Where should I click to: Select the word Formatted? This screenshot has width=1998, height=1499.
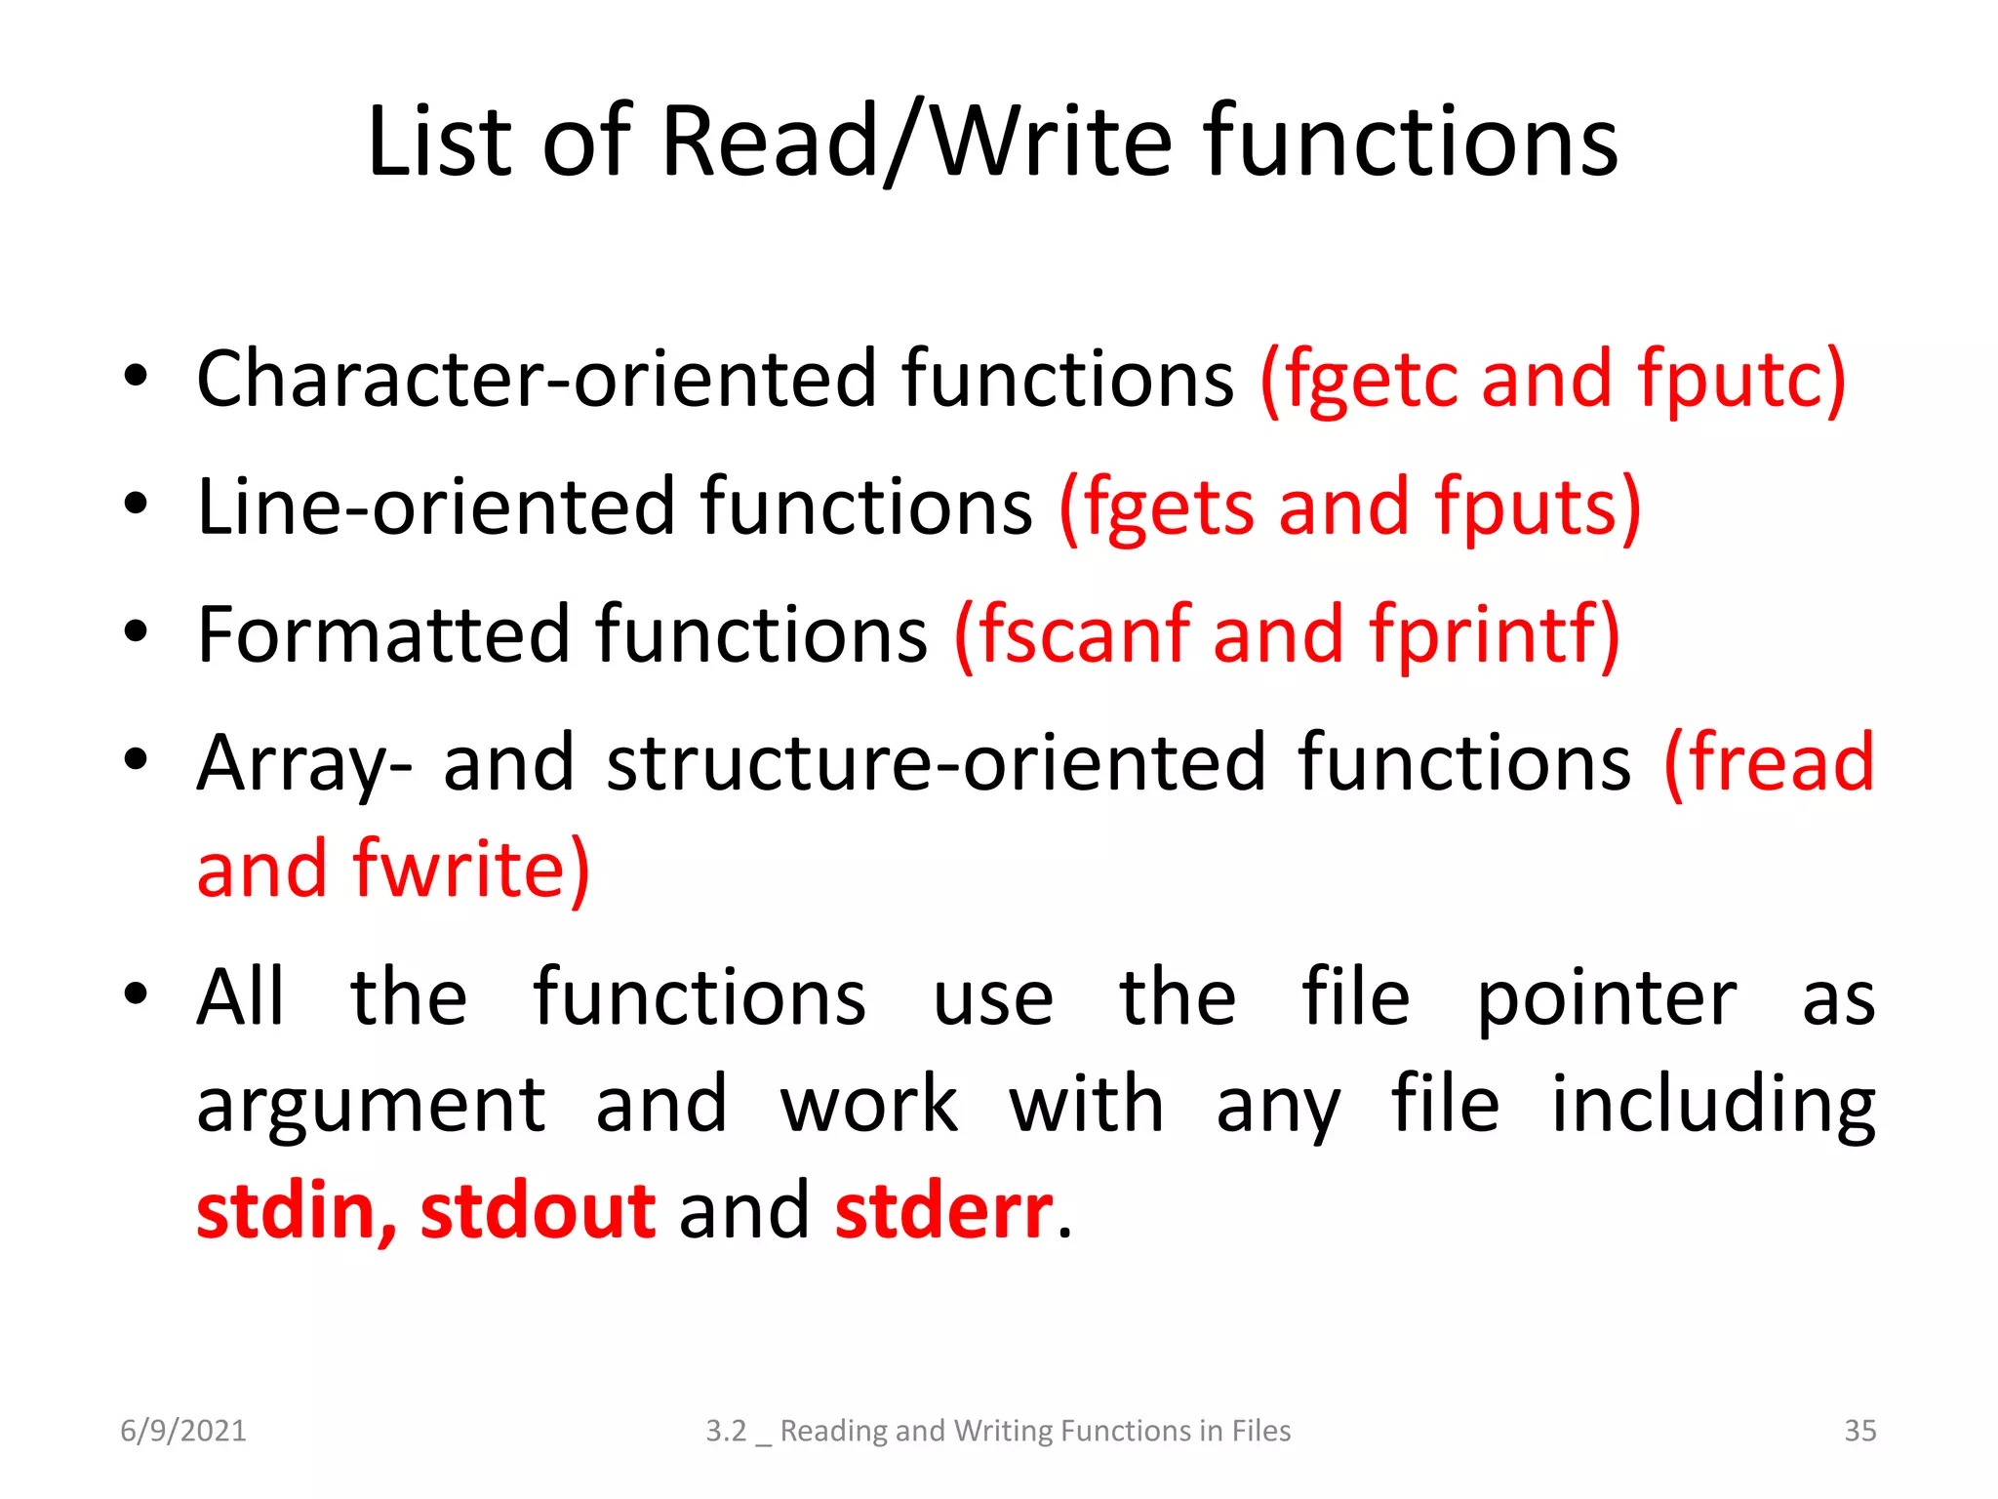click(x=383, y=634)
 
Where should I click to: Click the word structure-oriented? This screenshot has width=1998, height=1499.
click(x=937, y=762)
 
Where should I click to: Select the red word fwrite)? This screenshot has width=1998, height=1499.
click(x=471, y=869)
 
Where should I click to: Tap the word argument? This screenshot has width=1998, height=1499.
click(x=371, y=1105)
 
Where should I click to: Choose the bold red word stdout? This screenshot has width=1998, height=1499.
click(x=538, y=1210)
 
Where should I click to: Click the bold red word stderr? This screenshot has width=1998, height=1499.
click(x=943, y=1210)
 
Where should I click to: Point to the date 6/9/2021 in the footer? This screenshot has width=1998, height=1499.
click(x=183, y=1431)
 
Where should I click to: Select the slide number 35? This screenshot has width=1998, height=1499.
click(x=1859, y=1431)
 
